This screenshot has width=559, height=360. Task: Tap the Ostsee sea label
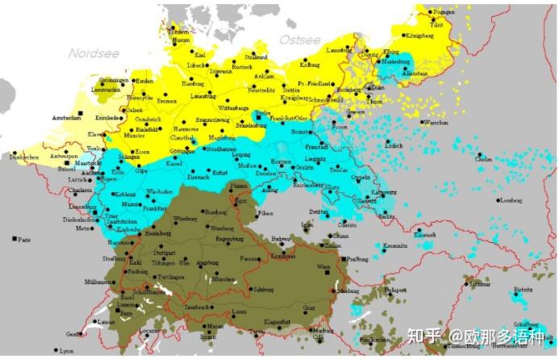click(x=299, y=39)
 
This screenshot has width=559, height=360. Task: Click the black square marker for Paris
click(x=15, y=240)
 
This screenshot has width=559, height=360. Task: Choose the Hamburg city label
click(x=194, y=83)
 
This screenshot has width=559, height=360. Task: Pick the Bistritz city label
click(x=524, y=288)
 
